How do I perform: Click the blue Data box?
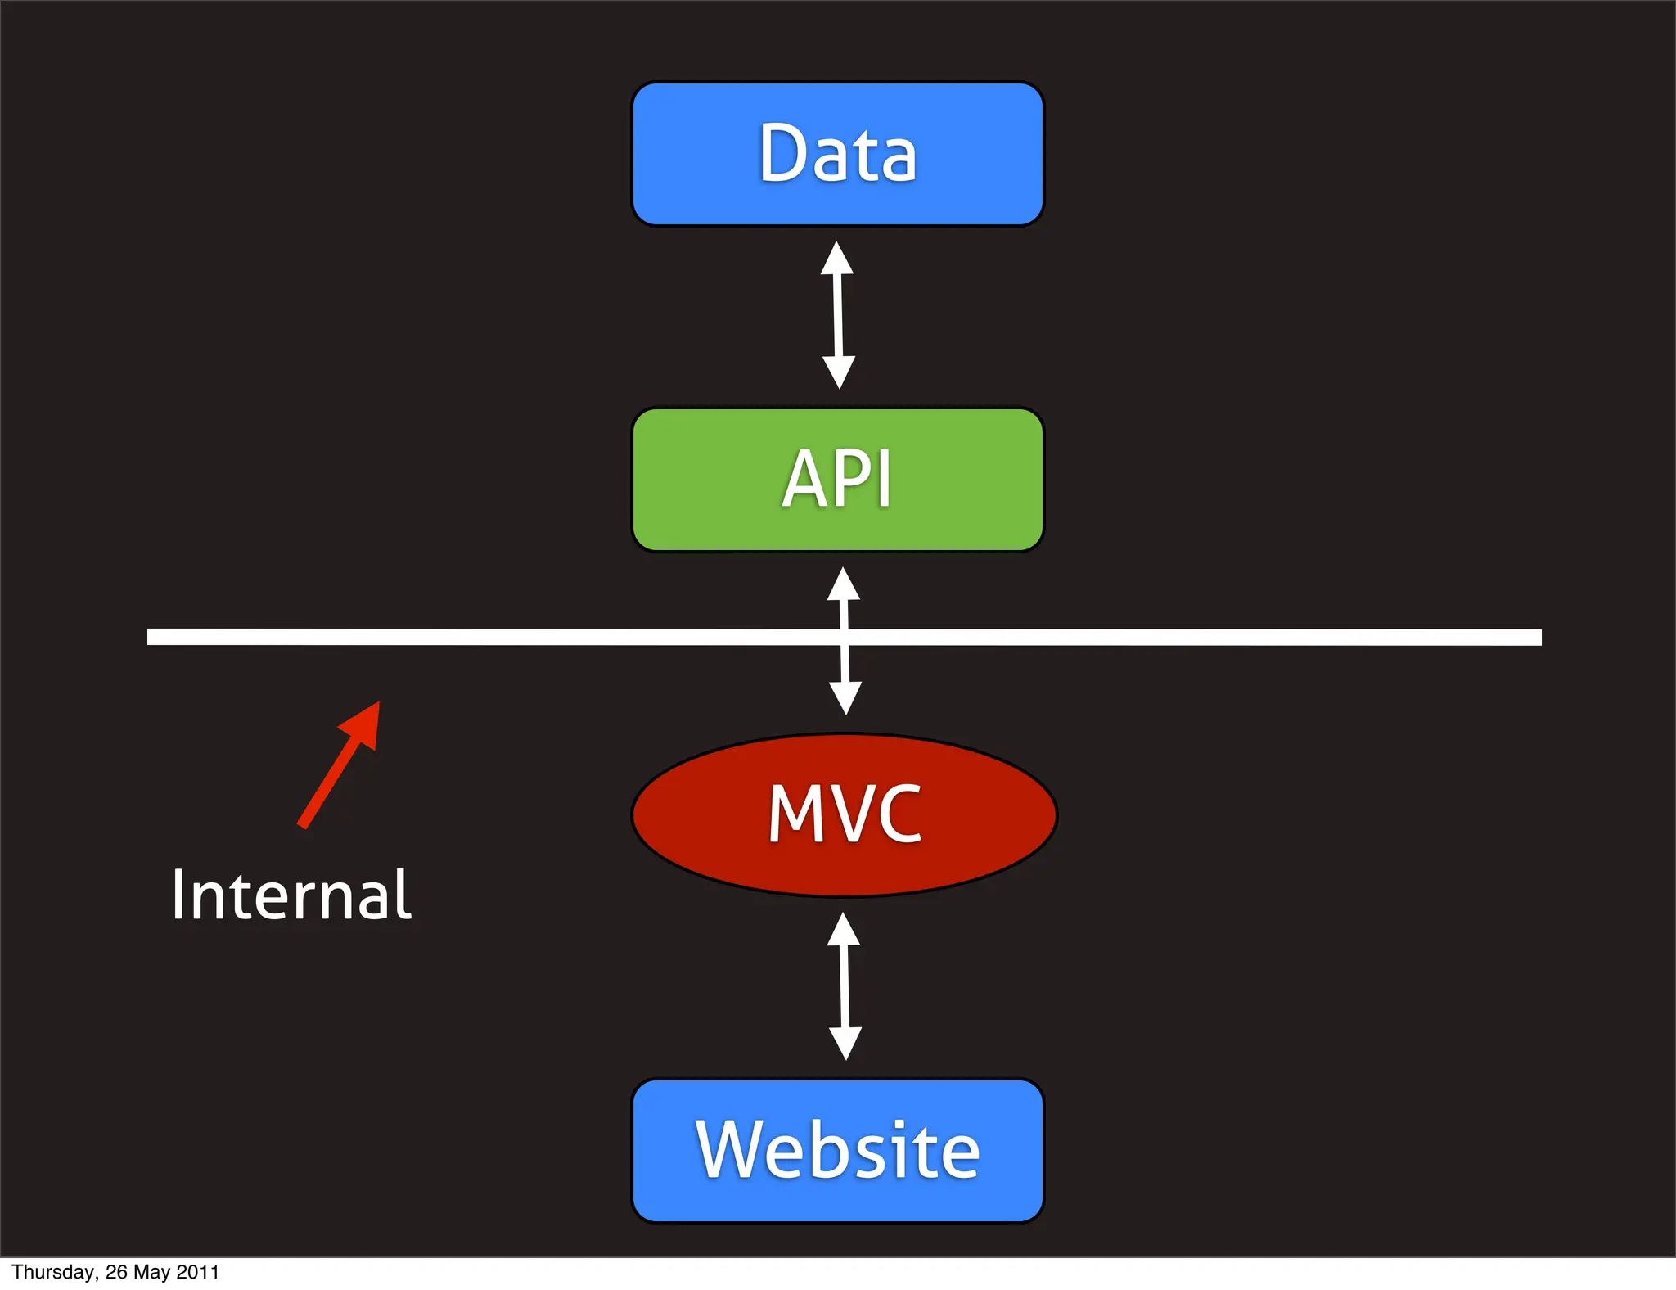837,154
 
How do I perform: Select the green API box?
837,480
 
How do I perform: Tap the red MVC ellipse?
845,814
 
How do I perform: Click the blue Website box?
837,1150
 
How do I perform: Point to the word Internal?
291,895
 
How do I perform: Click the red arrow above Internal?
338,766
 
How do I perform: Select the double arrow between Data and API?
838,315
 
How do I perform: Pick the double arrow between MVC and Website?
845,986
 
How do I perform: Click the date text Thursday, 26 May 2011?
115,1272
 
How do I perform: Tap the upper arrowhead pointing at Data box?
836,259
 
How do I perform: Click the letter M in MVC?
794,814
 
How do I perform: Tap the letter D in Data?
784,153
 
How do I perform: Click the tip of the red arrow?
377,705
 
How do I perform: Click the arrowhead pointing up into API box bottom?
843,584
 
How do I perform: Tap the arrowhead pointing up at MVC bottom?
843,930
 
